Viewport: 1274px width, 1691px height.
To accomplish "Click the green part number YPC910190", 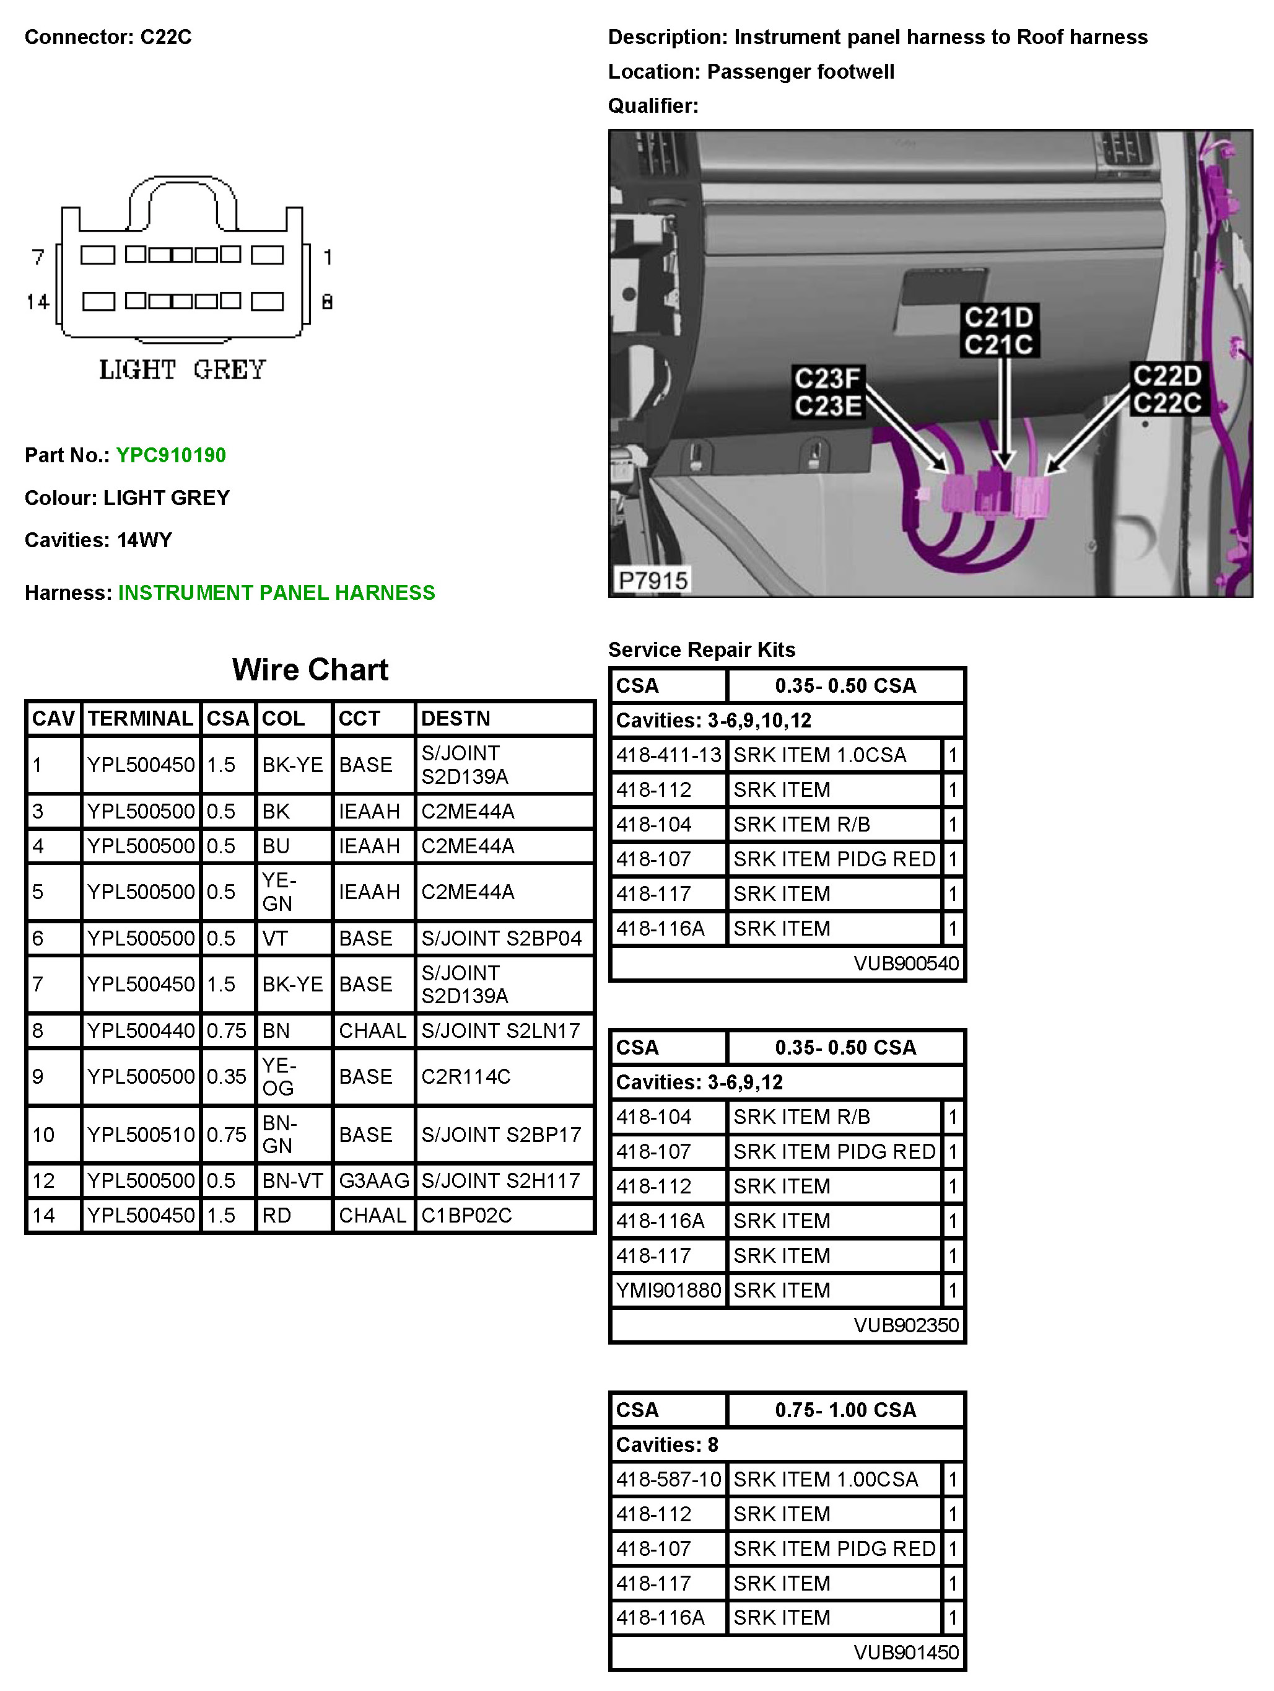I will click(170, 455).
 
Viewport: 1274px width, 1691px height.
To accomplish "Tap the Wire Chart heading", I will click(310, 670).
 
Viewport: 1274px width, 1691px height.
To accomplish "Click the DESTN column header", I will click(455, 719).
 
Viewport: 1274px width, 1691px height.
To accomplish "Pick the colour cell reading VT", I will click(275, 938).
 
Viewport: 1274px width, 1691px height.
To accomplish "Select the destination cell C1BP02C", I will click(466, 1216).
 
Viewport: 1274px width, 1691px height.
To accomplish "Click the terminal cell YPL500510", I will click(141, 1135).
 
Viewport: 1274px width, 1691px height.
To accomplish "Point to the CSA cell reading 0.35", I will click(226, 1076).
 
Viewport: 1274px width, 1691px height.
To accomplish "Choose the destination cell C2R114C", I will click(465, 1076).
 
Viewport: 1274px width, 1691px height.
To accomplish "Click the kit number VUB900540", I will click(905, 963).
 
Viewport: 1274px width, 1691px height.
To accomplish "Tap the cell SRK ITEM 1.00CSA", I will click(826, 1479).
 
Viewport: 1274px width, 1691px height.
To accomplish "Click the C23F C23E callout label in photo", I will click(827, 392).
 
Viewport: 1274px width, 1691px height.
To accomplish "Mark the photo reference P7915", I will click(653, 580).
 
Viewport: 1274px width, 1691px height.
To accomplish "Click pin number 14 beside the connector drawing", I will click(37, 302).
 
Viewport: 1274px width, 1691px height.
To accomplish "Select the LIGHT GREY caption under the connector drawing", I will click(182, 370).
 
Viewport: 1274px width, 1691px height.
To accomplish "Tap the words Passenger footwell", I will click(800, 72).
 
